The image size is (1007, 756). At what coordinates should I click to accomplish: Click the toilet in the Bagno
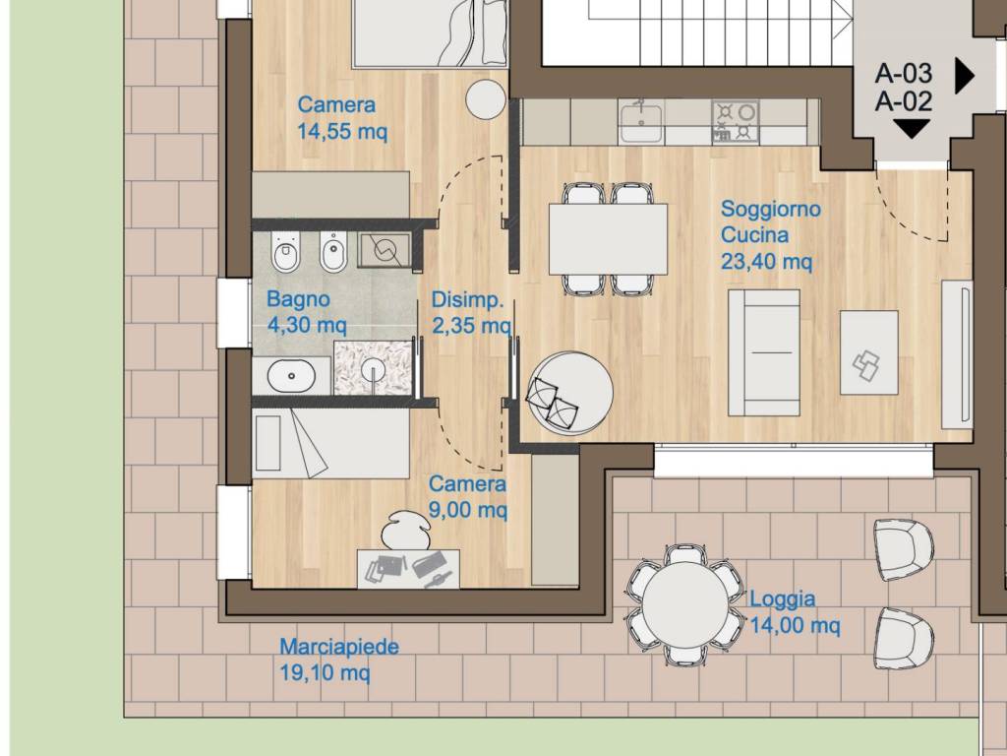tap(286, 251)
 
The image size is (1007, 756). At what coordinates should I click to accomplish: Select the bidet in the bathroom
tap(332, 251)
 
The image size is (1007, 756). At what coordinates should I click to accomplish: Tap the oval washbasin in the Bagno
tap(291, 376)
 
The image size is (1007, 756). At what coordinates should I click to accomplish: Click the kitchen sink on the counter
tap(640, 122)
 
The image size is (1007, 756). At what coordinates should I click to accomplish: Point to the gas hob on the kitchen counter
tap(735, 121)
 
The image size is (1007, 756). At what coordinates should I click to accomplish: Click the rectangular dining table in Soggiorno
tap(608, 239)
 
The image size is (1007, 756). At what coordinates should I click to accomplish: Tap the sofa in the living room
tap(763, 352)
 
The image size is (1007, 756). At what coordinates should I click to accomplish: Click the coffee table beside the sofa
tap(869, 352)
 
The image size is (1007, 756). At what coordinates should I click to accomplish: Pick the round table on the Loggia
tap(685, 604)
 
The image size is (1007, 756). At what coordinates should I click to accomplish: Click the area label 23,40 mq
tap(766, 262)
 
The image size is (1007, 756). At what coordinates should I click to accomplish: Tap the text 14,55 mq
tap(342, 132)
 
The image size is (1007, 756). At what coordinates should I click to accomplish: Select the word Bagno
tap(298, 299)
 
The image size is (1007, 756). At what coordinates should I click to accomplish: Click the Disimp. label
tap(467, 299)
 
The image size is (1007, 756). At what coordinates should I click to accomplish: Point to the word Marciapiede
tap(339, 646)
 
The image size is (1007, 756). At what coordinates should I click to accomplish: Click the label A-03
tap(904, 73)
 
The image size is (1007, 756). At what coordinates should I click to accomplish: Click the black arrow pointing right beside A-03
tap(965, 76)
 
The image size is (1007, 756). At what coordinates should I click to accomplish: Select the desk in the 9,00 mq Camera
tap(408, 568)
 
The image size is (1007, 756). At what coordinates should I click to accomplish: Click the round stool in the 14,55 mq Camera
tap(487, 99)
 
